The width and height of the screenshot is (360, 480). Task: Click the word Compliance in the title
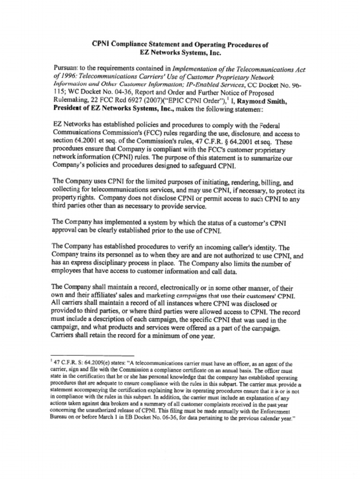[128, 45]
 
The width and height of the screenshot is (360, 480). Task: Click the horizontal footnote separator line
[92, 356]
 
